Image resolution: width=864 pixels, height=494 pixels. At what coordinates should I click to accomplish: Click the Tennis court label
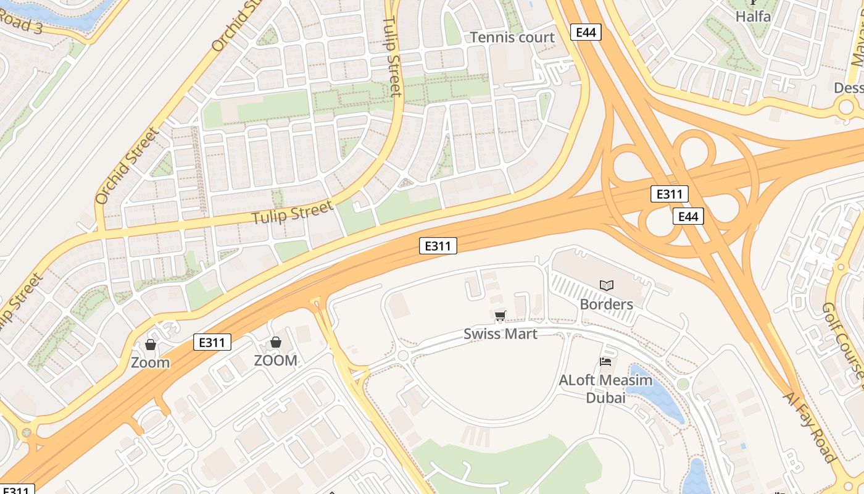pyautogui.click(x=512, y=38)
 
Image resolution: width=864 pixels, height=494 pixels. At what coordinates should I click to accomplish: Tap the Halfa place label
pyautogui.click(x=753, y=17)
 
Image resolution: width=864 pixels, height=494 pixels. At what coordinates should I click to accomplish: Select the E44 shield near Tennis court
pyautogui.click(x=585, y=32)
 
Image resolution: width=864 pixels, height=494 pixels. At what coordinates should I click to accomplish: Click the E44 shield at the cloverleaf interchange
pyautogui.click(x=687, y=216)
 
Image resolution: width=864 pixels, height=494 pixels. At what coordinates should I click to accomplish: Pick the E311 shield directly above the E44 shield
pyautogui.click(x=669, y=195)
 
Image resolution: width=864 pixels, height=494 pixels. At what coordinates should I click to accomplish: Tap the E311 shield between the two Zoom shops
pyautogui.click(x=212, y=342)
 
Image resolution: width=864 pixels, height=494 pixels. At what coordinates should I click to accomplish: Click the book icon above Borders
pyautogui.click(x=607, y=285)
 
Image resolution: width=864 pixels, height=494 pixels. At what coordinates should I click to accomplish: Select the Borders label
pyautogui.click(x=606, y=304)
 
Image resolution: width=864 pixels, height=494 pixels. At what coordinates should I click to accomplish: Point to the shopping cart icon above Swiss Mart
pyautogui.click(x=500, y=317)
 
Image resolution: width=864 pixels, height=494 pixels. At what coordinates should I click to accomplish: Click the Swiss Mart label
pyautogui.click(x=501, y=334)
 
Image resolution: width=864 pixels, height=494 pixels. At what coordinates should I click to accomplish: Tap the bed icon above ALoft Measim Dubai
pyautogui.click(x=605, y=362)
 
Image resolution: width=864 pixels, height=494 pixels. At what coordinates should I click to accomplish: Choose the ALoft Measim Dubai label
pyautogui.click(x=605, y=389)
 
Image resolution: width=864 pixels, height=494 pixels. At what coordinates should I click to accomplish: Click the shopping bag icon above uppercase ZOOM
pyautogui.click(x=276, y=342)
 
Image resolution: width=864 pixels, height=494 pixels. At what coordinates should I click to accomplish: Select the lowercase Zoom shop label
pyautogui.click(x=150, y=362)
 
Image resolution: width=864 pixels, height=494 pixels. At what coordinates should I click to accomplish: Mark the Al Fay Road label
pyautogui.click(x=809, y=427)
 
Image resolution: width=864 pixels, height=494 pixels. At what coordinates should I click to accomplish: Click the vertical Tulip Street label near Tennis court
pyautogui.click(x=393, y=56)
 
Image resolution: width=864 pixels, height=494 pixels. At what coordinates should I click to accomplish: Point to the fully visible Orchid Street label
pyautogui.click(x=128, y=165)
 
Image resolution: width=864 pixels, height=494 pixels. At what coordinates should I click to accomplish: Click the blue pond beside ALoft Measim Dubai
pyautogui.click(x=664, y=398)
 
